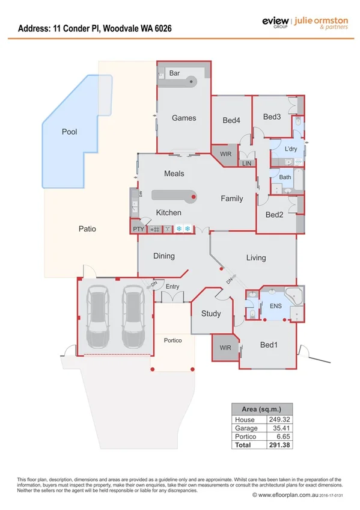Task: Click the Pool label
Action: (x=70, y=131)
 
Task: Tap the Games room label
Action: (x=184, y=118)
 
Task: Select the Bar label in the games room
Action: (x=175, y=73)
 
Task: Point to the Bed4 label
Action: (x=231, y=120)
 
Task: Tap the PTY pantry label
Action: (x=138, y=229)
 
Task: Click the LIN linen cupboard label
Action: (x=246, y=164)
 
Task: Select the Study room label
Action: (x=211, y=313)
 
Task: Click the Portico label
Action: (x=173, y=340)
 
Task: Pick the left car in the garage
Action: (x=98, y=316)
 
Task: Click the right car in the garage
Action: (x=133, y=316)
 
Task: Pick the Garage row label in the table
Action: (x=246, y=428)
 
